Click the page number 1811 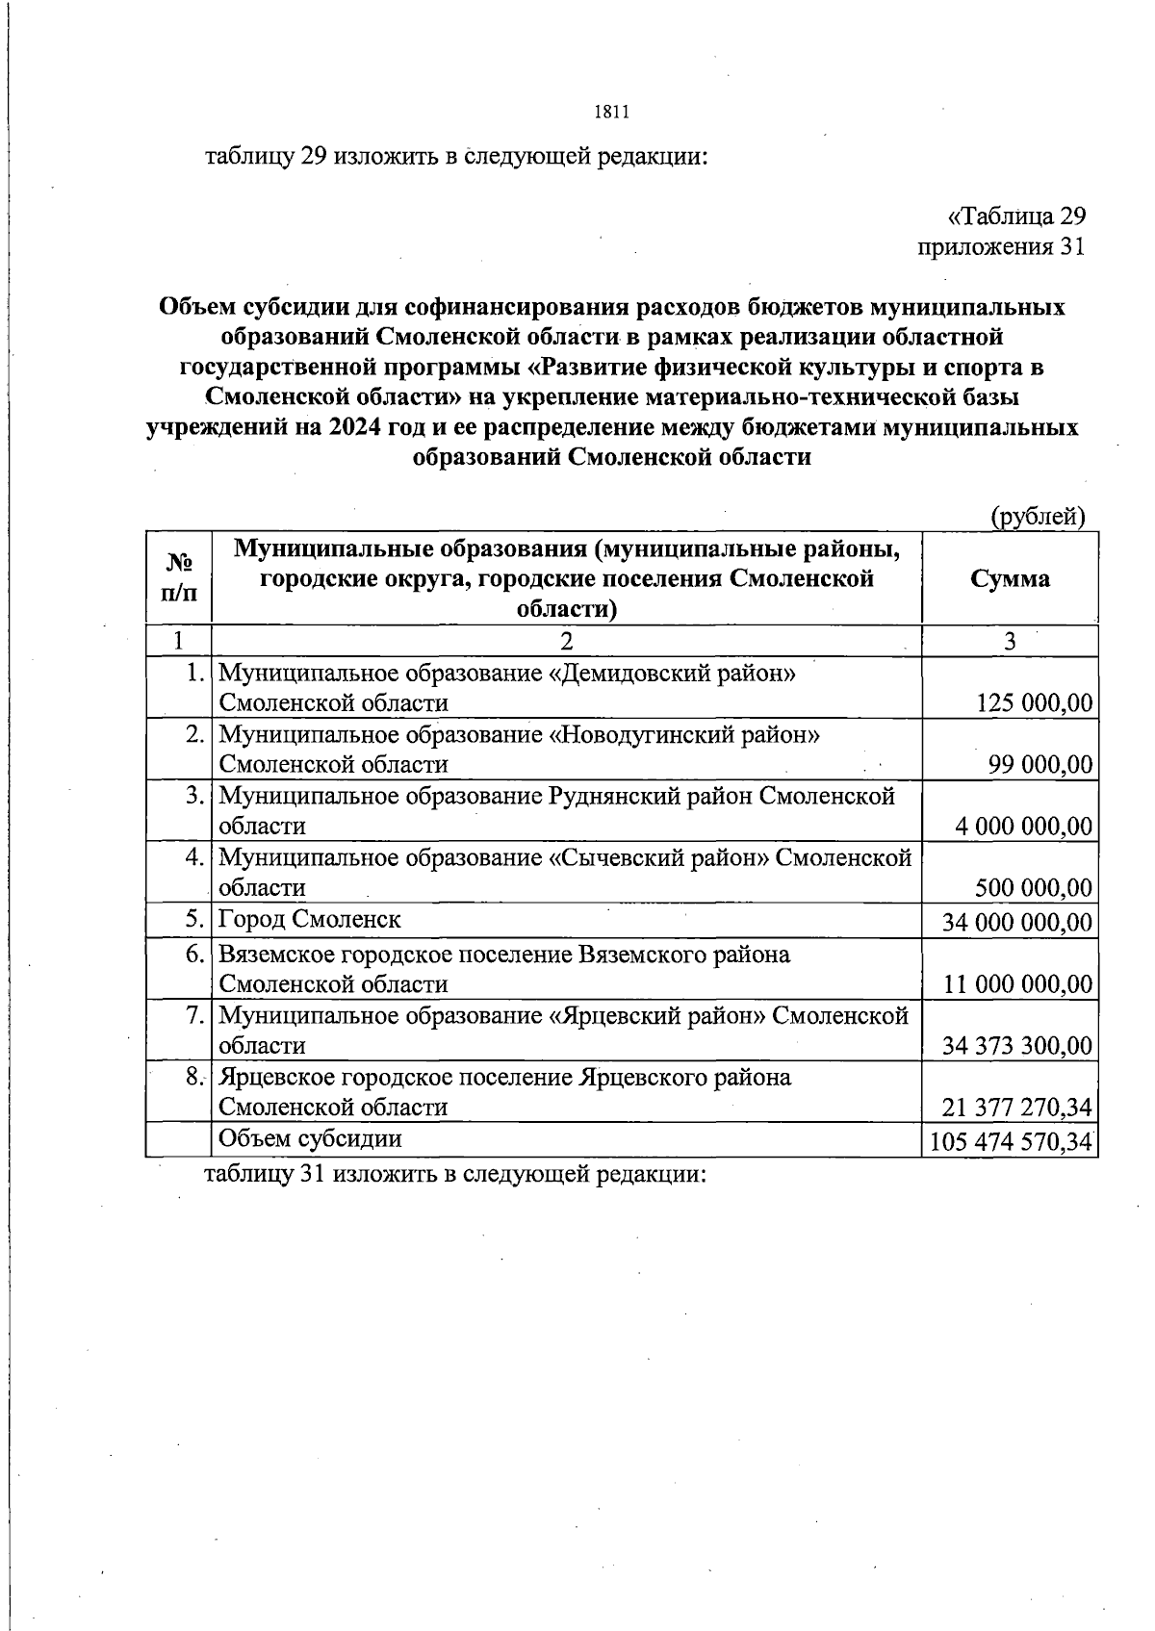click(x=611, y=113)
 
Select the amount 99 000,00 click(x=1040, y=765)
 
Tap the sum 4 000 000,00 click(x=1025, y=827)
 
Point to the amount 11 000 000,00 click(x=1018, y=984)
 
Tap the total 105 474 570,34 click(x=1011, y=1142)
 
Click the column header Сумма click(x=1010, y=578)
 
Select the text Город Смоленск click(x=309, y=919)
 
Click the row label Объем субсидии click(x=309, y=1138)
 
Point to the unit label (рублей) click(x=1039, y=517)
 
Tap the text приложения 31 click(x=1001, y=247)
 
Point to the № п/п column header click(x=179, y=577)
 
